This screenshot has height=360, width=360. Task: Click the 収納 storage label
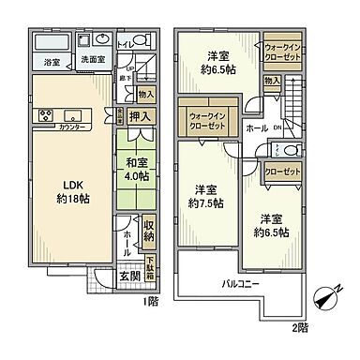click(149, 230)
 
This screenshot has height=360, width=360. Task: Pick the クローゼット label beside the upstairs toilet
click(279, 172)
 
